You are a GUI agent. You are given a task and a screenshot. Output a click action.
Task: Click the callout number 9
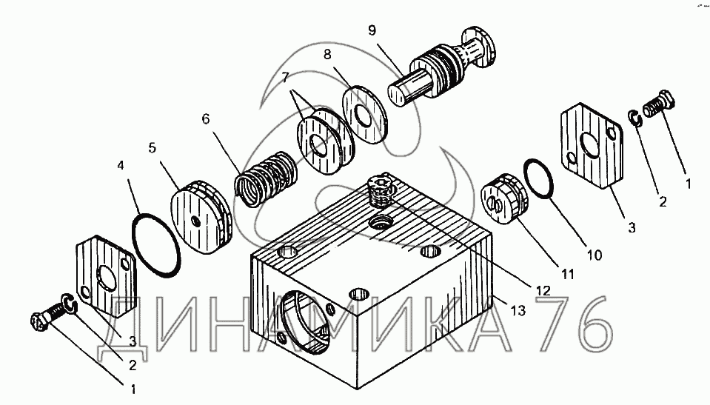[372, 30]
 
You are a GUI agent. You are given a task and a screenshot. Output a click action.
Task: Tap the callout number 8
[327, 54]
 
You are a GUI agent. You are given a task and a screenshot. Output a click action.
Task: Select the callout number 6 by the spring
[206, 119]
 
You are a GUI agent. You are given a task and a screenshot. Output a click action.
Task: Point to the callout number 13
[518, 310]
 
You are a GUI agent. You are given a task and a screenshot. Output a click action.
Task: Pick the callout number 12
[543, 290]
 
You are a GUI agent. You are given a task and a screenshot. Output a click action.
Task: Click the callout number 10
[594, 255]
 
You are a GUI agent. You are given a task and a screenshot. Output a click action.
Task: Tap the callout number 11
[567, 274]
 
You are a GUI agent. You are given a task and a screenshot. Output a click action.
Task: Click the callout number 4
[120, 166]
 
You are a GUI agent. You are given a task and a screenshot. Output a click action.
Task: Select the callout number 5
[152, 147]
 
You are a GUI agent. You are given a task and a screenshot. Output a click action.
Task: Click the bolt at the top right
[659, 104]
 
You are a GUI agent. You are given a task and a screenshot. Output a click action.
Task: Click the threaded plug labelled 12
[380, 191]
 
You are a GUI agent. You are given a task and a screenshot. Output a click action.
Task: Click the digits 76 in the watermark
[577, 324]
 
